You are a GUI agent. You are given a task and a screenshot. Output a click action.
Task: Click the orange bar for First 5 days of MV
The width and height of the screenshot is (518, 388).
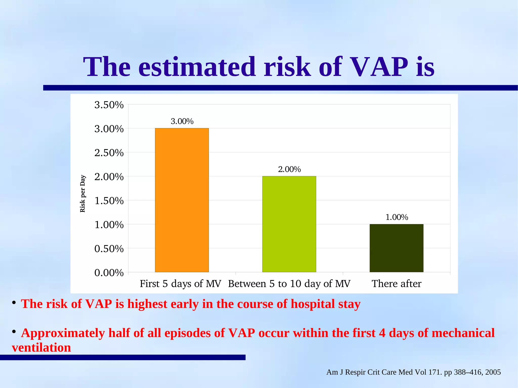(182, 200)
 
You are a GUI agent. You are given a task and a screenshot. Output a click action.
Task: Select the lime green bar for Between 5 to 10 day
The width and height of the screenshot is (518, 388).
(289, 224)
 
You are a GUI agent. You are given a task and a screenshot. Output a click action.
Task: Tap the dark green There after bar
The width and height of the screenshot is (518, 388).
(396, 248)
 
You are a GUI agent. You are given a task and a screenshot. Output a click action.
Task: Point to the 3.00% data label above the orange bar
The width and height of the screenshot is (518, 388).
(182, 121)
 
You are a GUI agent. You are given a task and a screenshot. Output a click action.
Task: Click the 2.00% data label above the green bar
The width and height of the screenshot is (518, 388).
(289, 169)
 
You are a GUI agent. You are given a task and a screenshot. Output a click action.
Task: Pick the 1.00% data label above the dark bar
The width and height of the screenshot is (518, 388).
(397, 217)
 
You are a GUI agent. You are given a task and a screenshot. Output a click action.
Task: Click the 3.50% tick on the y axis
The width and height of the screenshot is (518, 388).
(109, 105)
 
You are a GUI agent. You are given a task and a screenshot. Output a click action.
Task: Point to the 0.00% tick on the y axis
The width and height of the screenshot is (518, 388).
(109, 273)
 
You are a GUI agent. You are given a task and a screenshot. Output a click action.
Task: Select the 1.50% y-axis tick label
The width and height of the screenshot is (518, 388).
(109, 201)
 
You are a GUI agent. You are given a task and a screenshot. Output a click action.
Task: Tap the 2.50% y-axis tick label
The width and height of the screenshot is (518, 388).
(109, 153)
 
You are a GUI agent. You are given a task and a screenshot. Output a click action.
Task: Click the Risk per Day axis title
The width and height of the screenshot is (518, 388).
(83, 194)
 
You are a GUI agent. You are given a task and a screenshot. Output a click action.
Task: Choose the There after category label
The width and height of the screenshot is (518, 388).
(396, 284)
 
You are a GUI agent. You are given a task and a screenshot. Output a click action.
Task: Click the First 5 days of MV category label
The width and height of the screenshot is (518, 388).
(180, 284)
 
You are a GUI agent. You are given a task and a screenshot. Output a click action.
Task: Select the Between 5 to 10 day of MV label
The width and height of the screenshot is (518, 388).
(289, 284)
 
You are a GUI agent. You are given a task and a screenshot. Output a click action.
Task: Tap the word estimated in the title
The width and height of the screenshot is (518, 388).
(197, 67)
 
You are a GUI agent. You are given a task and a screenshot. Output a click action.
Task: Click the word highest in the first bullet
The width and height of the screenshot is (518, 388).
(147, 304)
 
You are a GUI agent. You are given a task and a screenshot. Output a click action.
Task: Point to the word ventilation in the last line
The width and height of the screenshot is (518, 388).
(41, 348)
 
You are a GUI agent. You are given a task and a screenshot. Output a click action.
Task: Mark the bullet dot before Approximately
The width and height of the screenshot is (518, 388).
(14, 331)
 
